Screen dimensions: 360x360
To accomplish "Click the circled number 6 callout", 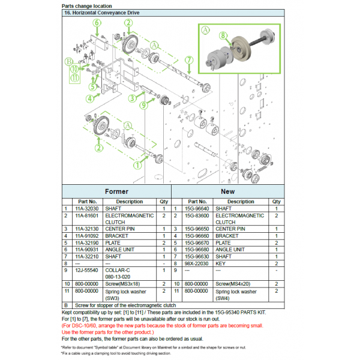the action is (97, 23).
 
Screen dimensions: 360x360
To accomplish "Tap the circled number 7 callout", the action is (189, 60).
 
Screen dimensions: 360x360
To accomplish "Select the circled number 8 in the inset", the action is (223, 35).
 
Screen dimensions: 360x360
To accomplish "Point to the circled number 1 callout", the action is (137, 165).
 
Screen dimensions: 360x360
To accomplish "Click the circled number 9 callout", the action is (144, 106).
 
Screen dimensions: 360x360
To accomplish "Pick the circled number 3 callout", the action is (132, 98).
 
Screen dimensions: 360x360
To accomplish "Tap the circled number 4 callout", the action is (90, 99).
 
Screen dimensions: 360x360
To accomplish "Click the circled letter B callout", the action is (68, 62).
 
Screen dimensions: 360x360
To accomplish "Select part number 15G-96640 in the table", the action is (197, 209).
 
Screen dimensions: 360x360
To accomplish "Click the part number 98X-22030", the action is (196, 263).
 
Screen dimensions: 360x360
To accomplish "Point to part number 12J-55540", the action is (86, 270).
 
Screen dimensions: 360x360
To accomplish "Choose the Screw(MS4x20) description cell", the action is (233, 284).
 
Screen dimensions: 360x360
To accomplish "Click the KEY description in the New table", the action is (220, 263).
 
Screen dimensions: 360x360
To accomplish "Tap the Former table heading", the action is (116, 191).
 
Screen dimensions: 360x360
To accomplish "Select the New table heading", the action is (228, 191).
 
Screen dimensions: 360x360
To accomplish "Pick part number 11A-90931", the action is (87, 250).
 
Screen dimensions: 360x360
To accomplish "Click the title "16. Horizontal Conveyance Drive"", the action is (102, 13).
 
